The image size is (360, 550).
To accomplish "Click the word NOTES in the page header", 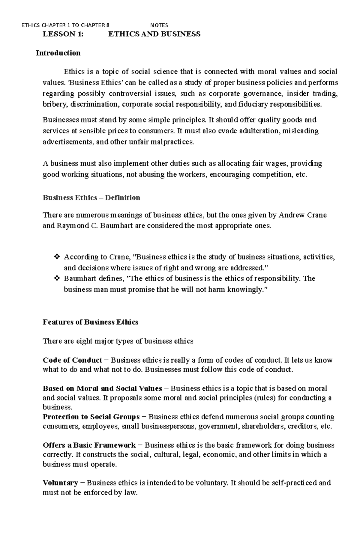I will [x=159, y=25].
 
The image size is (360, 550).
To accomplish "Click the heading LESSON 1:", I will [x=63, y=34].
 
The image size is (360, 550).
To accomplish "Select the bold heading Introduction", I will [x=58, y=53].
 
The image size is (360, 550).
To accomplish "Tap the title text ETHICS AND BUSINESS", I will [x=154, y=34].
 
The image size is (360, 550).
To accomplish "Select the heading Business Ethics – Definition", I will [x=91, y=198].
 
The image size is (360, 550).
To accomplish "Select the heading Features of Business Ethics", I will [x=90, y=322].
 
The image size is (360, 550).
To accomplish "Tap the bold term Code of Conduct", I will [x=72, y=360].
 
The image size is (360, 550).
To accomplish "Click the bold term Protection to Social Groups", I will [x=91, y=417].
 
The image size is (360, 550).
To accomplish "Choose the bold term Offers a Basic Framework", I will [x=89, y=445].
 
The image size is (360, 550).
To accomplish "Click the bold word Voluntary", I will [x=60, y=483].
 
